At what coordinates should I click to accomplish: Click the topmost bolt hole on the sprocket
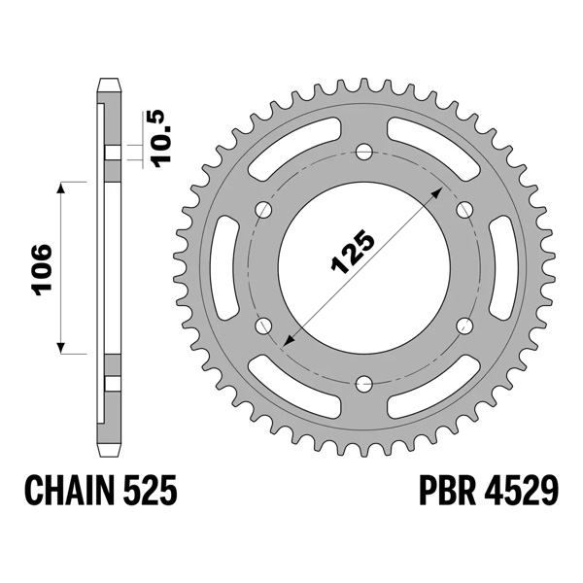[363, 151]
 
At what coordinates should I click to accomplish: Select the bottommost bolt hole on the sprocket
[363, 382]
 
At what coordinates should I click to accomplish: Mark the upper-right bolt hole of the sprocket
[463, 209]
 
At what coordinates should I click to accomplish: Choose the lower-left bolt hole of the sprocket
[263, 325]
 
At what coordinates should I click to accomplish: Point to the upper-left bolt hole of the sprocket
[263, 209]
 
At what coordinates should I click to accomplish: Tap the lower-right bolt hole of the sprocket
[463, 325]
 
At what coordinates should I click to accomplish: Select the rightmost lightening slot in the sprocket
[508, 266]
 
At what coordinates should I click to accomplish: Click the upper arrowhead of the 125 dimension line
[437, 192]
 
